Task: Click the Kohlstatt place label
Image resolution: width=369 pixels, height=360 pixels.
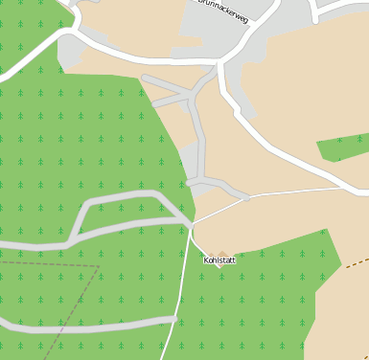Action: [x=219, y=259]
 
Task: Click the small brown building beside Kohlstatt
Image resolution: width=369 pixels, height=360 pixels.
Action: [x=222, y=254]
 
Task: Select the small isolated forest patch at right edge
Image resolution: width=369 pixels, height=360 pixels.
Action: [x=343, y=146]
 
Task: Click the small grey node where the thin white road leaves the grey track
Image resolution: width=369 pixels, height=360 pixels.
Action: [x=246, y=198]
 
